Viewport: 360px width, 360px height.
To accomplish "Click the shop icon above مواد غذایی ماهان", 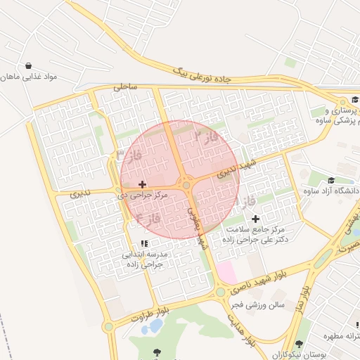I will tap(27, 65).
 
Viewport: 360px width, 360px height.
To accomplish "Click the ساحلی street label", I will tap(124, 87).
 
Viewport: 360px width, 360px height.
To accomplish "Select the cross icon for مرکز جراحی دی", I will tap(143, 184).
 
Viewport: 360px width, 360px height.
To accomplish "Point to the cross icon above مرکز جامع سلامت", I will tap(255, 219).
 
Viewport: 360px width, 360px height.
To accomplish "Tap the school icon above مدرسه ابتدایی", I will tap(143, 243).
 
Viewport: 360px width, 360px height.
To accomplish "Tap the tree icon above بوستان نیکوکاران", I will tap(300, 345).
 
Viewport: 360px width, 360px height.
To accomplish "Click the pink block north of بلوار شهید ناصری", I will tap(226, 271).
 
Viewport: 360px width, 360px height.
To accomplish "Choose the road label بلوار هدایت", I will tap(240, 330).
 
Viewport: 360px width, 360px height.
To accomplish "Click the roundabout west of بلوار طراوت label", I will tap(108, 327).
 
